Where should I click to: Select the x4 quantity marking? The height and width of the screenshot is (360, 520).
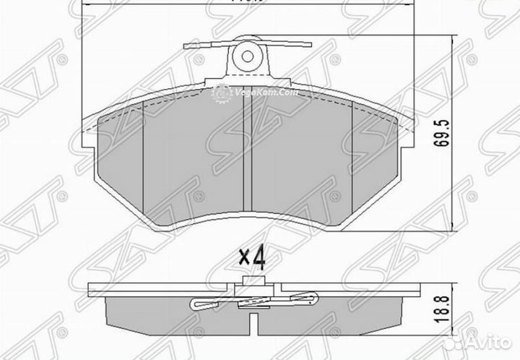click(x=251, y=256)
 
